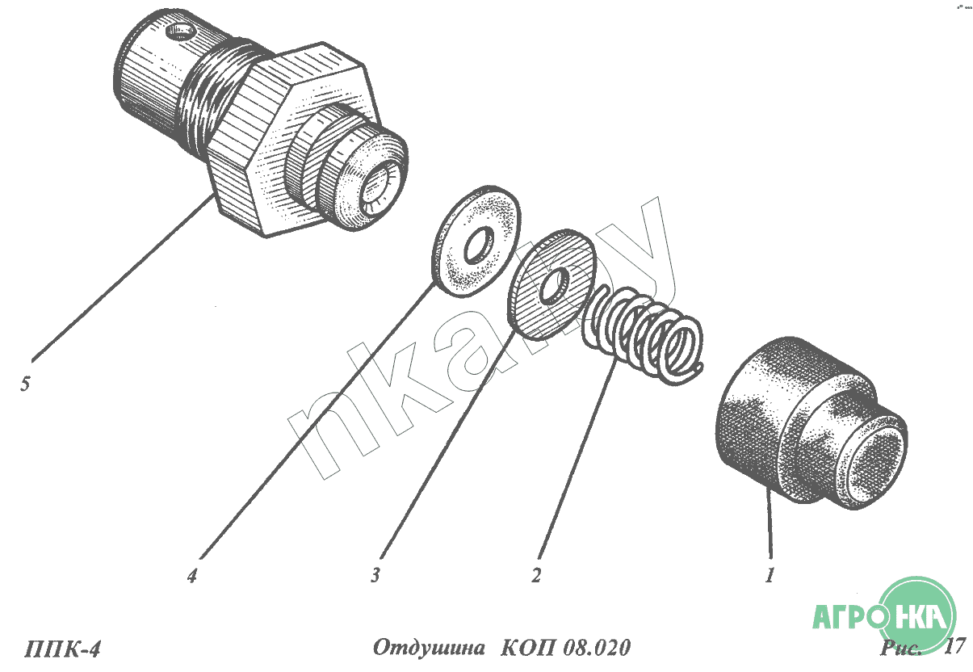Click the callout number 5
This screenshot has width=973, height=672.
tap(25, 384)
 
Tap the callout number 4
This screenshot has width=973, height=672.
tap(192, 576)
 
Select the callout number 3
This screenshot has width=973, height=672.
tap(375, 575)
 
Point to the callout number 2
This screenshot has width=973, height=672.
tap(536, 575)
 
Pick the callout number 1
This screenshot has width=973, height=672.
tap(770, 575)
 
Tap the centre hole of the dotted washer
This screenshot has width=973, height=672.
tap(479, 245)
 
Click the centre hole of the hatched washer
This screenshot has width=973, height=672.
tap(555, 285)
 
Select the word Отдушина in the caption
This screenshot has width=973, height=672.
tap(429, 648)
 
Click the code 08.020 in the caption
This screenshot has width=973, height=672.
tap(597, 648)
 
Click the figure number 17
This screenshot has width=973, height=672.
tap(954, 646)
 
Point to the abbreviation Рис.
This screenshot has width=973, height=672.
tap(900, 648)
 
